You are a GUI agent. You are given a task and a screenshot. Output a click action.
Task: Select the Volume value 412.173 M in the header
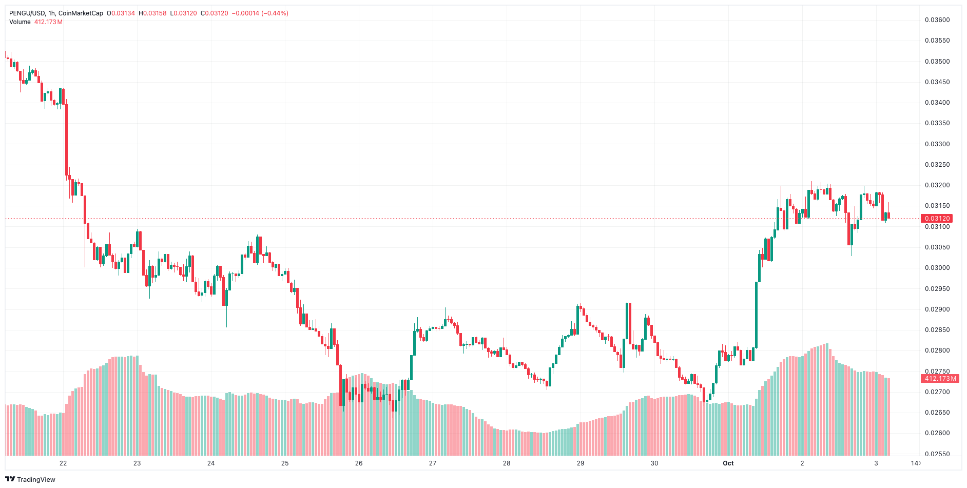(x=48, y=22)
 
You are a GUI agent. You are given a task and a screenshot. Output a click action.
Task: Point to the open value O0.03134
(x=121, y=13)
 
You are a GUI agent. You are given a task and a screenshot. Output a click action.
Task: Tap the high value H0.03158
(x=152, y=13)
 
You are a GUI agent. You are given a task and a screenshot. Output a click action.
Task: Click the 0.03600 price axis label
(x=937, y=20)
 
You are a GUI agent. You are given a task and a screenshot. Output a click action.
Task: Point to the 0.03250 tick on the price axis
(x=937, y=165)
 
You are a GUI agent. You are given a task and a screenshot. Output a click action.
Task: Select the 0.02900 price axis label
(x=937, y=309)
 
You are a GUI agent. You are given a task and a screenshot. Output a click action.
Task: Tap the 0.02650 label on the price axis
(x=937, y=413)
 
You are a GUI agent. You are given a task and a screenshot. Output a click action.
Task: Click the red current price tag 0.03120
(x=937, y=219)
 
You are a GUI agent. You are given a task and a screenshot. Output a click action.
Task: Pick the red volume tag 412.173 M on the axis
(x=940, y=379)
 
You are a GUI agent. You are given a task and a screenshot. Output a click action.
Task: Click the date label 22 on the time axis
(x=63, y=463)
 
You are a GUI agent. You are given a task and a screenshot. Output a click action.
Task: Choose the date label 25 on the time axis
(x=285, y=463)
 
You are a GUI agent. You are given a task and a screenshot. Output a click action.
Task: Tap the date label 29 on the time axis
(x=581, y=463)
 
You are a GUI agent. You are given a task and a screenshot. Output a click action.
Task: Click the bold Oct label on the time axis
(x=728, y=463)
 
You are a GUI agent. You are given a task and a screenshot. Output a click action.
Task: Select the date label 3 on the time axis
(x=876, y=463)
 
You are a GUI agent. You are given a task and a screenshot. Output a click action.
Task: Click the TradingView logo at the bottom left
(x=30, y=479)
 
